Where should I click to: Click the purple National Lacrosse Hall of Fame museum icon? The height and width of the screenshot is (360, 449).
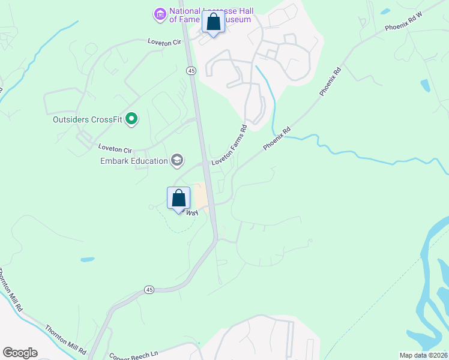pos(160,13)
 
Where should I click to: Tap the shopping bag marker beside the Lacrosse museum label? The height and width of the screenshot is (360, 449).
pos(213,23)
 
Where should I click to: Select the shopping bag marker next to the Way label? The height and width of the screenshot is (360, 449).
pos(178,198)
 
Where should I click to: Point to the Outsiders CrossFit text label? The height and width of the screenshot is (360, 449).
pos(86,119)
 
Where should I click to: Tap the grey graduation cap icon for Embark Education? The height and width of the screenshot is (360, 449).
pos(176,160)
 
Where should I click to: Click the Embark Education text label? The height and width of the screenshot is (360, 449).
pos(134,161)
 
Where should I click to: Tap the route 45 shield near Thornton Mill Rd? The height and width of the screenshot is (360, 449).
pos(148,290)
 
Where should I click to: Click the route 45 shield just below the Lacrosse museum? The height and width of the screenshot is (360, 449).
pos(190,71)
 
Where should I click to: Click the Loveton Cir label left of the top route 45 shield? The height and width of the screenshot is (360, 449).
pos(164,41)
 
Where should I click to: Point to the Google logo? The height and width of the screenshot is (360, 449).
pos(20,353)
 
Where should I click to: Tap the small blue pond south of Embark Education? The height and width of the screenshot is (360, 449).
pos(88,260)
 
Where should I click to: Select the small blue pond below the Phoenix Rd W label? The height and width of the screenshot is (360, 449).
pos(426,85)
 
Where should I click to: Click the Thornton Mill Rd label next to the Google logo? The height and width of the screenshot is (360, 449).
pos(66,340)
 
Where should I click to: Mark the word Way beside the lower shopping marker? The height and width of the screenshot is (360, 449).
pos(191,213)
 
